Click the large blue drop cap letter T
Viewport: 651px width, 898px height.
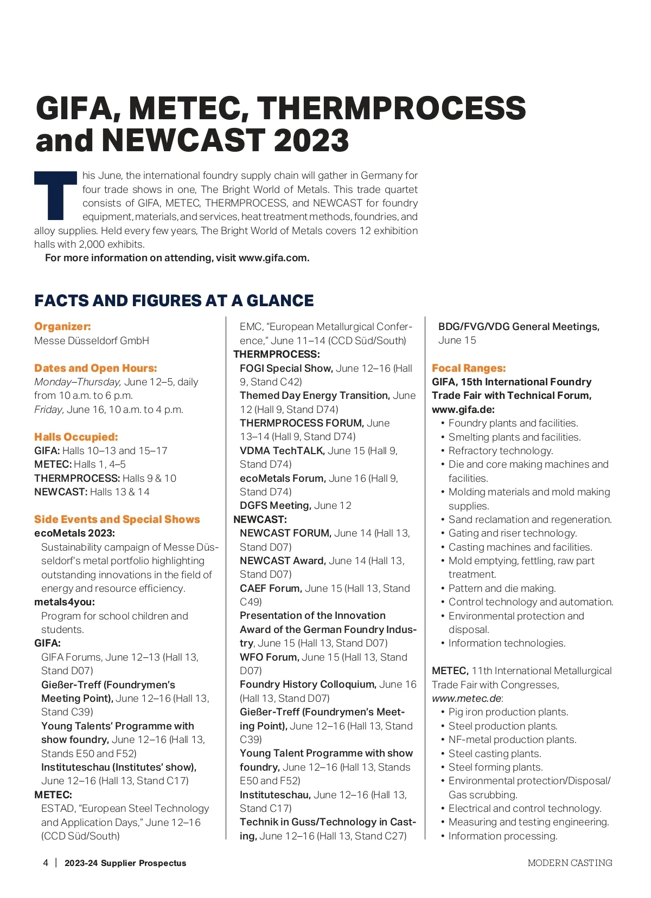pyautogui.click(x=55, y=195)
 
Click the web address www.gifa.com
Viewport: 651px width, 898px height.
pyautogui.click(x=273, y=258)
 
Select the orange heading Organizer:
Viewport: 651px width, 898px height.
pyautogui.click(x=62, y=326)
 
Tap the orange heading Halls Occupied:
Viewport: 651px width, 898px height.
pyautogui.click(x=76, y=437)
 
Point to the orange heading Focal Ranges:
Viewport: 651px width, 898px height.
pyautogui.click(x=469, y=368)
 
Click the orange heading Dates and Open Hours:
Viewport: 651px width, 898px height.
pyautogui.click(x=95, y=368)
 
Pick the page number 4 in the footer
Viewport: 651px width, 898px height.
pyautogui.click(x=46, y=863)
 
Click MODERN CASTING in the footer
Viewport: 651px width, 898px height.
pyautogui.click(x=570, y=863)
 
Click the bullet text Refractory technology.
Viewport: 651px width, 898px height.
pyautogui.click(x=501, y=451)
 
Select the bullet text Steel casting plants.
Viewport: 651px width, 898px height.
pyautogui.click(x=495, y=753)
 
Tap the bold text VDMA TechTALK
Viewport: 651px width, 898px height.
pyautogui.click(x=282, y=451)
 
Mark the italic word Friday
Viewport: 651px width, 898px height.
pyautogui.click(x=49, y=410)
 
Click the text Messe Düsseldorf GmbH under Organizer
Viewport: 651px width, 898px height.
pyautogui.click(x=92, y=341)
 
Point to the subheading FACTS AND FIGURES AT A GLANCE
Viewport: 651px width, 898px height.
pyautogui.click(x=174, y=301)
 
